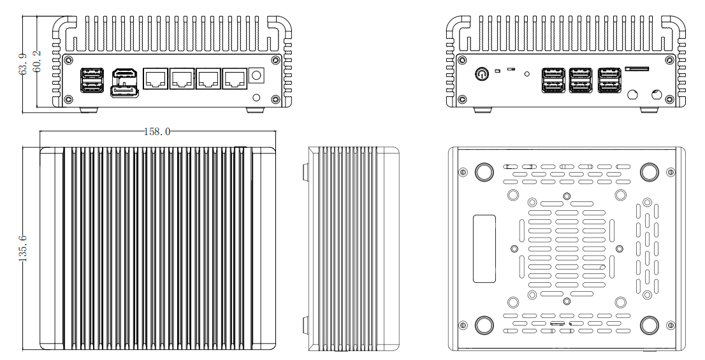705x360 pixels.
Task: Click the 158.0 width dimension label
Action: (x=156, y=132)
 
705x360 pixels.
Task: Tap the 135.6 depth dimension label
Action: (x=24, y=248)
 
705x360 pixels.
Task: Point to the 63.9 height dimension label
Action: (x=23, y=64)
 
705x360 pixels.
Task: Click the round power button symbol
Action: (x=483, y=74)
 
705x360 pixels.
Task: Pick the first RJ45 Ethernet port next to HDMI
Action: (x=156, y=79)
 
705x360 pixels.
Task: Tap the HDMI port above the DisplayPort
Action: (x=124, y=76)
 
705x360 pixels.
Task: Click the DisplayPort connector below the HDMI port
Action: (x=124, y=93)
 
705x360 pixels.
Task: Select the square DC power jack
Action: (x=258, y=75)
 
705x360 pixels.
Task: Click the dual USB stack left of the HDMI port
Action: (x=90, y=80)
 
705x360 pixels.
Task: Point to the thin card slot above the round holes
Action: (x=638, y=67)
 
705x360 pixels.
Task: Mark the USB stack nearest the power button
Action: (x=552, y=80)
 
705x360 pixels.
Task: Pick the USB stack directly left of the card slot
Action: (x=609, y=80)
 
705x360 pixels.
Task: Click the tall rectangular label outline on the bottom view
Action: (x=484, y=248)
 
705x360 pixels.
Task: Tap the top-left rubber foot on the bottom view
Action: (x=484, y=171)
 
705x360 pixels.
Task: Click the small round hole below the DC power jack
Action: (x=257, y=97)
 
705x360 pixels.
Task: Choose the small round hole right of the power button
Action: (x=527, y=73)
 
